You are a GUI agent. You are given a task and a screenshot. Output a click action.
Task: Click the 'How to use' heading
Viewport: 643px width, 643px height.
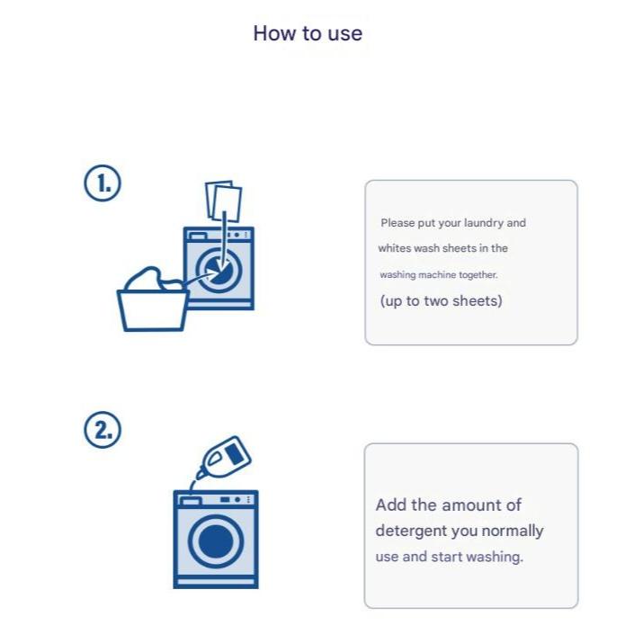point(308,33)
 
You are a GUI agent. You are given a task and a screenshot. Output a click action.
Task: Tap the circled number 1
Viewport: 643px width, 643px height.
point(103,183)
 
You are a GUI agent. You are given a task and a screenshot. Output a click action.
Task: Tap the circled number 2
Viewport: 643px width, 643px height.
point(103,430)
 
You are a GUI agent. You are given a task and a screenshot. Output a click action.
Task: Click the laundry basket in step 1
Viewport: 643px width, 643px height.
point(153,309)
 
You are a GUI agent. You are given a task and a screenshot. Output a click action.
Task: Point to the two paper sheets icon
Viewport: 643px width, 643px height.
point(224,201)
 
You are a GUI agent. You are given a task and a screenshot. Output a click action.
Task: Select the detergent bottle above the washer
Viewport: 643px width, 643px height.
point(224,457)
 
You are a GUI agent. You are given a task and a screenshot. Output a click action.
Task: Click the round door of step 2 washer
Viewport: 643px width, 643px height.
point(216,540)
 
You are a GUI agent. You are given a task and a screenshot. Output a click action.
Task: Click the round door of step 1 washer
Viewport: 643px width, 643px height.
point(219,270)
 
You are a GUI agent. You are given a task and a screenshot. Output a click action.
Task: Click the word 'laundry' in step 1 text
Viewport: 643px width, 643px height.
point(484,224)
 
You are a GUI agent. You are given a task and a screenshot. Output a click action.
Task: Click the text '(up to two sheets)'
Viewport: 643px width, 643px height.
point(442,301)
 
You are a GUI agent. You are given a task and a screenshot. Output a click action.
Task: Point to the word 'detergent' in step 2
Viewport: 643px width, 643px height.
point(411,531)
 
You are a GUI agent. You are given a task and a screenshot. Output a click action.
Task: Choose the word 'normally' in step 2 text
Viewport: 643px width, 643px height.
point(513,531)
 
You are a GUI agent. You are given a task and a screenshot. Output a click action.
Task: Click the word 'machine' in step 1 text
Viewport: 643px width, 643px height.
point(437,275)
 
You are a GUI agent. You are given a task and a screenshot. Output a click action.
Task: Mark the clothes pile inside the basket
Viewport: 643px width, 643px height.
point(154,279)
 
